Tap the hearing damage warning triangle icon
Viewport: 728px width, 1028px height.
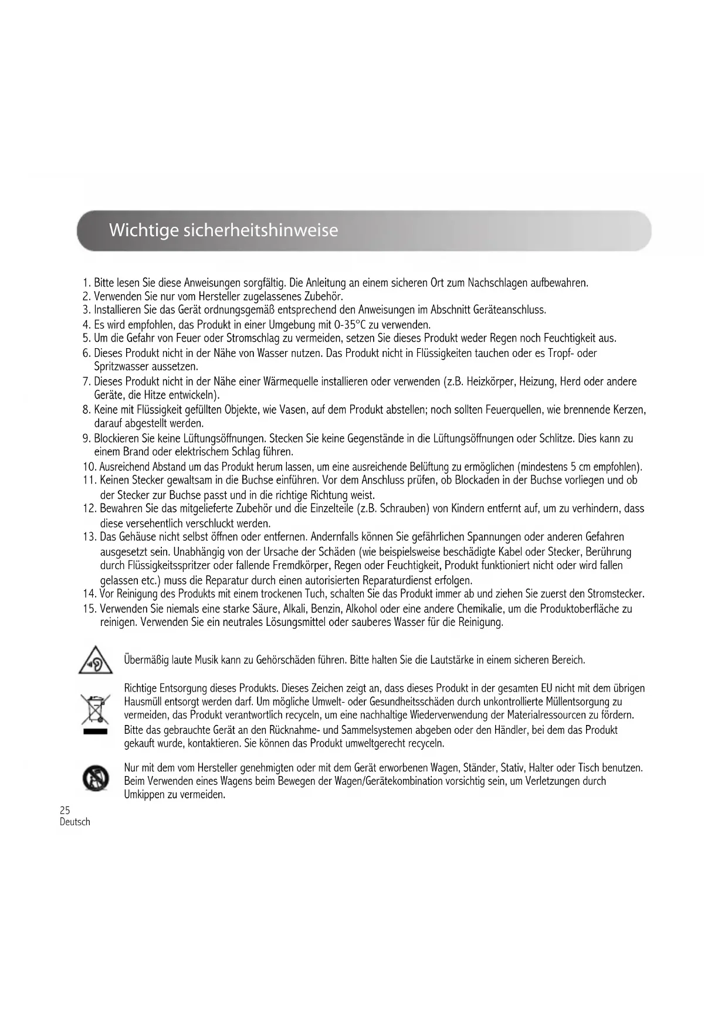[96, 661]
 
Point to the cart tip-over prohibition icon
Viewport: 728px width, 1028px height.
[94, 778]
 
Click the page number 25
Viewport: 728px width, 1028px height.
[65, 810]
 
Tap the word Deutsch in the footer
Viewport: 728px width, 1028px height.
[75, 822]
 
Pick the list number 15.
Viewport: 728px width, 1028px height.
[90, 608]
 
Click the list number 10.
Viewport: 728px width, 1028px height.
[90, 467]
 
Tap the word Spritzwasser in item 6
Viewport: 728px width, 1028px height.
[121, 367]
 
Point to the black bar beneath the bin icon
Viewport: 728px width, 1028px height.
[95, 732]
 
